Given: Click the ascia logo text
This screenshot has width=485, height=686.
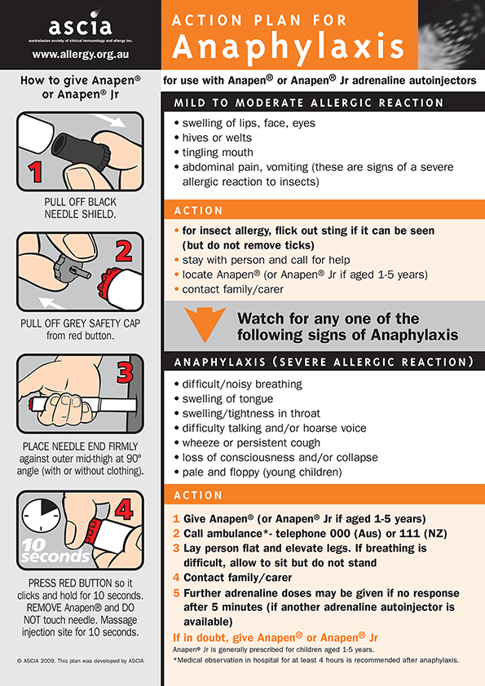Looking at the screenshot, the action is [x=80, y=25].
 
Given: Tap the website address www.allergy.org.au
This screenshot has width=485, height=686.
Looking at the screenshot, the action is [x=81, y=55].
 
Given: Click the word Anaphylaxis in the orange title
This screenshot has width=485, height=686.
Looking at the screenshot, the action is [x=288, y=47].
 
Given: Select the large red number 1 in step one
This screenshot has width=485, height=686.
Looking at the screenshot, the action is [x=34, y=171].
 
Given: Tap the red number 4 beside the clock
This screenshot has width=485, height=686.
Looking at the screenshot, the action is [x=125, y=509].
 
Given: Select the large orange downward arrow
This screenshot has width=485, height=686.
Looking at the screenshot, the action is [x=205, y=324].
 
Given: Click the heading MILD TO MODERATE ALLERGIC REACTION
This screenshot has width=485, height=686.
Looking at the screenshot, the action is [x=309, y=103].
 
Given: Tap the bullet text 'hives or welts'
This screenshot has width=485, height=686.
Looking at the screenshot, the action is [x=217, y=138].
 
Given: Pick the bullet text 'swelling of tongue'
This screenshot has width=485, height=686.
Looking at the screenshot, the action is [x=227, y=399].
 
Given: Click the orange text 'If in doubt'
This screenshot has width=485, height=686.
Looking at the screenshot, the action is [x=200, y=637].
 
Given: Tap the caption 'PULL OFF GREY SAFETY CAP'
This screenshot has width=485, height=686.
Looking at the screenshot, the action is [x=81, y=323].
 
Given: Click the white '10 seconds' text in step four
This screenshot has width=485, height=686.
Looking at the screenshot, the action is [x=55, y=551].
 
